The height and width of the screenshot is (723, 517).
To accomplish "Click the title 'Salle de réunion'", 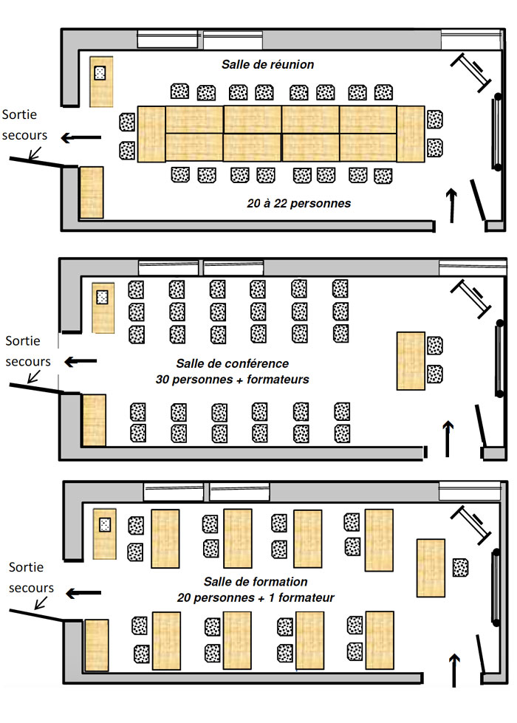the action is (267, 64).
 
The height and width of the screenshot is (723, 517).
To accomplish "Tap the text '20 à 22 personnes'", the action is (299, 203).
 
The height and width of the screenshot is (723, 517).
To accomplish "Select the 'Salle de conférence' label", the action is (233, 363).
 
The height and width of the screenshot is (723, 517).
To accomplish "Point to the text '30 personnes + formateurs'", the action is (233, 380).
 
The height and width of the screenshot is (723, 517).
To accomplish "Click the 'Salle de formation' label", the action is (256, 581).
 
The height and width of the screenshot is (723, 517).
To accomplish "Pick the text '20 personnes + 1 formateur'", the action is (256, 597).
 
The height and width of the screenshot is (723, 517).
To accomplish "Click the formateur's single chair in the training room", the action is (460, 568).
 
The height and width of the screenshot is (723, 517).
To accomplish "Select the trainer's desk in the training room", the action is (431, 568).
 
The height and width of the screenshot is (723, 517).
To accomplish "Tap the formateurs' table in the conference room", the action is (411, 361).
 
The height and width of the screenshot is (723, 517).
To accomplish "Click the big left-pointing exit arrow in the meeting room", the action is (81, 137).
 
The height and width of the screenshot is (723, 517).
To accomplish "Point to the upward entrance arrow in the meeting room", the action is (452, 205).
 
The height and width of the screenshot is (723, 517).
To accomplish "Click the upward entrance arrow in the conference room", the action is (448, 439).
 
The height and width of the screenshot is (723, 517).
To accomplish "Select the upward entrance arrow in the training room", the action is (454, 670).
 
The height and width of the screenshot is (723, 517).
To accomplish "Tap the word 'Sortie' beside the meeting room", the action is (19, 114).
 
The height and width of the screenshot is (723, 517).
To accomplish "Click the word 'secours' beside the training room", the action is (31, 588).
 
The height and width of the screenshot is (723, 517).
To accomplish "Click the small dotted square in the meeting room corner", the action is (100, 73).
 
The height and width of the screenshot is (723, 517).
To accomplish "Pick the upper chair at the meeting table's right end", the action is (434, 120).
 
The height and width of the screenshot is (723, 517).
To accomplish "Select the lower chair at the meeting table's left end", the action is (127, 151).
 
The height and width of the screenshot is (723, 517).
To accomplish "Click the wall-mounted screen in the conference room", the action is (499, 357).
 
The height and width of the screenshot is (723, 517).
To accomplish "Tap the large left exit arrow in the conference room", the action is (81, 362).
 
